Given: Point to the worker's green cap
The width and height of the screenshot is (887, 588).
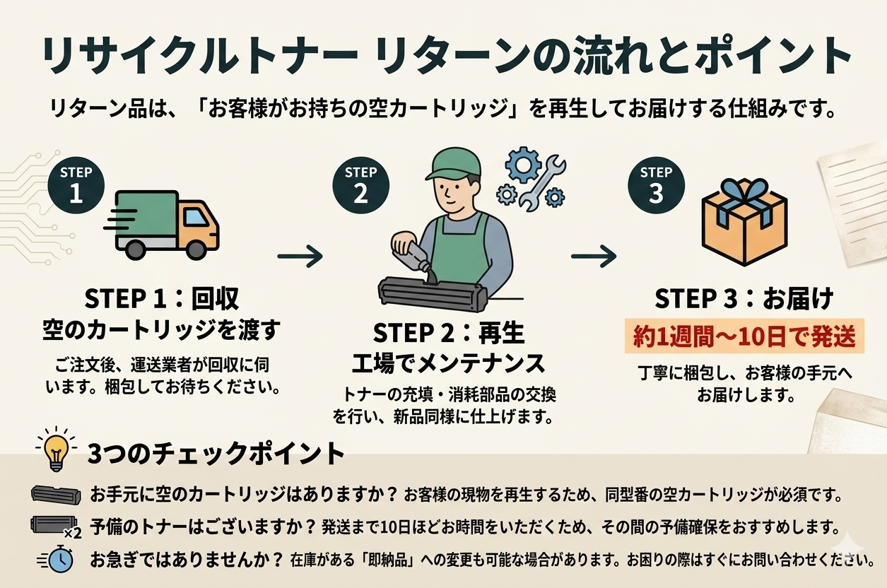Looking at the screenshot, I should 452,163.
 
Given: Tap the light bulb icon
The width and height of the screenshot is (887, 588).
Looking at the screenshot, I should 56,450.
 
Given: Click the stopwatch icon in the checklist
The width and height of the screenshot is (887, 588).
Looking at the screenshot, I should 57,560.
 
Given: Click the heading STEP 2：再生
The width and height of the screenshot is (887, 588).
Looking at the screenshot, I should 448,332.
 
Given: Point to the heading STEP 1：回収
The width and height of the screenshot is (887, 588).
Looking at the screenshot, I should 162,298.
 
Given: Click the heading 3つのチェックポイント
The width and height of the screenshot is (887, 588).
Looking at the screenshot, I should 216,453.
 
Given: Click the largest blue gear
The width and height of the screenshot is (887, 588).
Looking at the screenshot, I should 523,165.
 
